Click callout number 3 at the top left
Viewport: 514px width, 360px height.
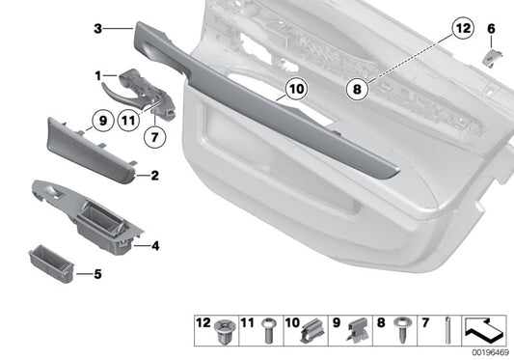(97, 30)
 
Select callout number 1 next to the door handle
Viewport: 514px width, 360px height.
(98, 74)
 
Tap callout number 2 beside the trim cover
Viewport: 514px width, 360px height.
(152, 177)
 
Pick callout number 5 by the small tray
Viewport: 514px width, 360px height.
(96, 272)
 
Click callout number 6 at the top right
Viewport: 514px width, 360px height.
(490, 30)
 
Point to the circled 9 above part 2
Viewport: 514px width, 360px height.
(99, 122)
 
